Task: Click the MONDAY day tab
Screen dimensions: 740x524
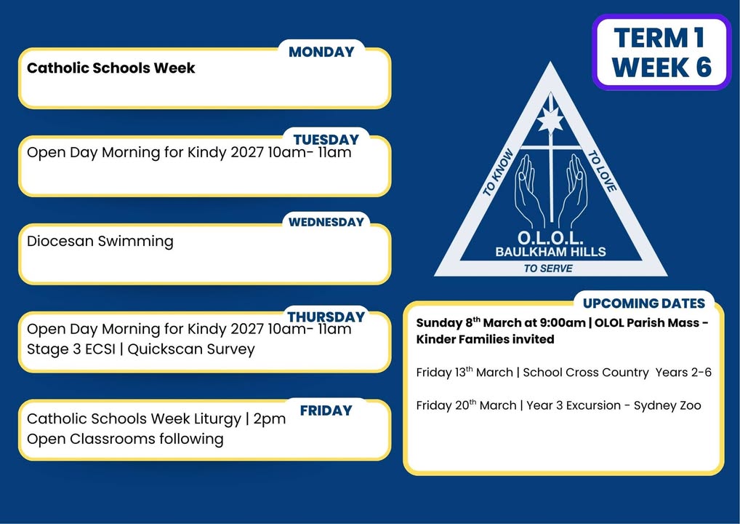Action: (x=321, y=52)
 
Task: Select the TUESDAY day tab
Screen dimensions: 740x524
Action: (x=326, y=140)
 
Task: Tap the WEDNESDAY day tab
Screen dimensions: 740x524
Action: (x=326, y=221)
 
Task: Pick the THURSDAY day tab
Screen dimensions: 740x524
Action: (x=326, y=317)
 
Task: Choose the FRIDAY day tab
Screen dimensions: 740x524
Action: (x=326, y=410)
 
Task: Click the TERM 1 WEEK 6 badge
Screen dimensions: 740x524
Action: (x=661, y=52)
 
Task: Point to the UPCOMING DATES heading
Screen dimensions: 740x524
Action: (x=644, y=303)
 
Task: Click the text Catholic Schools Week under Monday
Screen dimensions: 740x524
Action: (x=111, y=68)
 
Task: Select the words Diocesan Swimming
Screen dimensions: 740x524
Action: (x=100, y=241)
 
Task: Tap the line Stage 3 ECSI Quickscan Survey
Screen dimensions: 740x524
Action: (x=140, y=349)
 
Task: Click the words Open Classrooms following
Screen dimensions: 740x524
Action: (x=125, y=438)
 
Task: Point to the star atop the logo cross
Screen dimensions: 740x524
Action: (x=550, y=119)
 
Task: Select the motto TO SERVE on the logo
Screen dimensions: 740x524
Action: (x=548, y=269)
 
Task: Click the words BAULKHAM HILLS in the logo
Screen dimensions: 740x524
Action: (x=550, y=252)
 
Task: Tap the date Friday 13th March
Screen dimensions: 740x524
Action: (x=464, y=373)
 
